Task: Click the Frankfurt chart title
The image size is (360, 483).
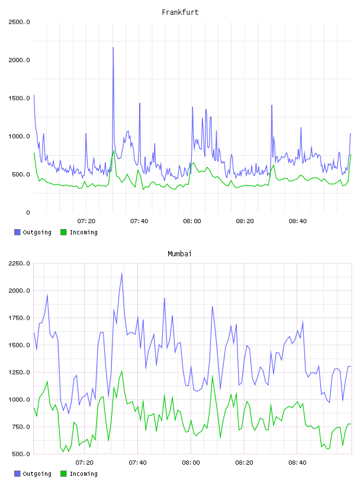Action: coord(180,12)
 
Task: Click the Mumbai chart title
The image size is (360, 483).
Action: coord(179,254)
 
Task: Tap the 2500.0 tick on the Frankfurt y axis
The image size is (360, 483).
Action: coord(19,22)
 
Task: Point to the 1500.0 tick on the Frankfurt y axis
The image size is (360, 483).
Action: coord(19,98)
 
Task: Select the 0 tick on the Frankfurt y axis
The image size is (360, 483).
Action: coord(28,212)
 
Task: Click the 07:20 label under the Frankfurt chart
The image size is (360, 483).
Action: coord(86,221)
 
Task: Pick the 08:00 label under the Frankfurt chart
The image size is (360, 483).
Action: coord(192,221)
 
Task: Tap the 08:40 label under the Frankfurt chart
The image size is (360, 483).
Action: coord(298,221)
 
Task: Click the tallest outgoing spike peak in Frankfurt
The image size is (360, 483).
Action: coord(113,47)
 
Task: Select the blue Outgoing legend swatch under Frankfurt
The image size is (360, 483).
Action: coord(17,232)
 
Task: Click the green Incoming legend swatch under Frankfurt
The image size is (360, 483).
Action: coord(63,232)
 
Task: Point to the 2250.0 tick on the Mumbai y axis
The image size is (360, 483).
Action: coord(19,263)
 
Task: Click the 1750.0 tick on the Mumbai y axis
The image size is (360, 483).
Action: coord(19,318)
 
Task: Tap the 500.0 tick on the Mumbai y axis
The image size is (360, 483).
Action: coord(19,454)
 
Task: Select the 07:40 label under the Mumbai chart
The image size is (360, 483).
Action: coord(138,463)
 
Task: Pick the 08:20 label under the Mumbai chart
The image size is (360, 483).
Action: coord(244,463)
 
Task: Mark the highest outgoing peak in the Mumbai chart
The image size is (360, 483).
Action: coord(122,273)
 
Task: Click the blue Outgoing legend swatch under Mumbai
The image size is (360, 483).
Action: coord(17,474)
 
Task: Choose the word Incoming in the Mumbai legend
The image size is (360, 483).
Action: coord(83,474)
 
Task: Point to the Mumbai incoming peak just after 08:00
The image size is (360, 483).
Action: coord(212,376)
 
